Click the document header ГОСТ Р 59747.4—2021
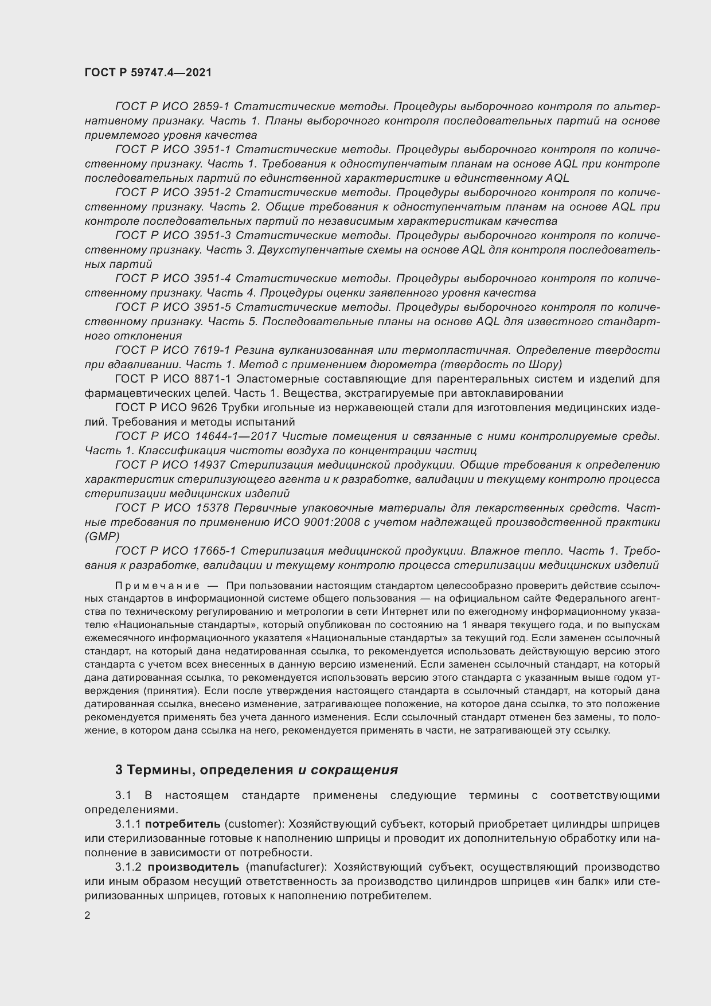[x=148, y=73]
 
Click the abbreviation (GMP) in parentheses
[x=101, y=537]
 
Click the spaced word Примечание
[x=157, y=586]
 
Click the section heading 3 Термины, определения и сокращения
[x=256, y=770]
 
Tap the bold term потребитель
[x=182, y=824]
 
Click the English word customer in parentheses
[x=253, y=824]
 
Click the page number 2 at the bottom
[x=87, y=916]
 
